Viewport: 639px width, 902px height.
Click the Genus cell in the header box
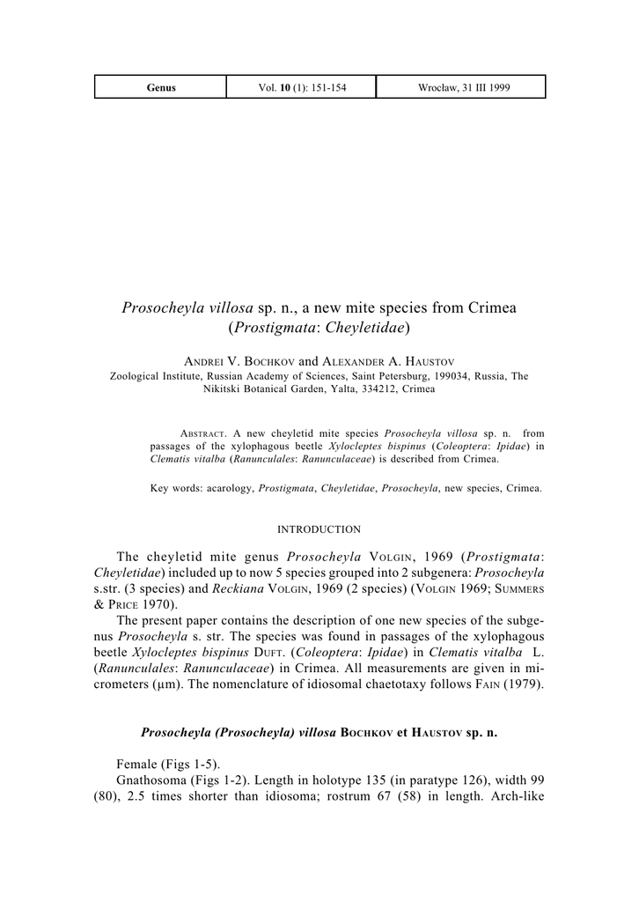[x=161, y=87]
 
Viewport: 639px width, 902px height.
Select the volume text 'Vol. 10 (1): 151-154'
[x=300, y=87]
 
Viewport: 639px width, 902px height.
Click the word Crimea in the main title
[x=486, y=308]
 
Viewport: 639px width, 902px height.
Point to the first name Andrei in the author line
[x=203, y=362]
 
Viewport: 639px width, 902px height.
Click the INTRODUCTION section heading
[x=319, y=529]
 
